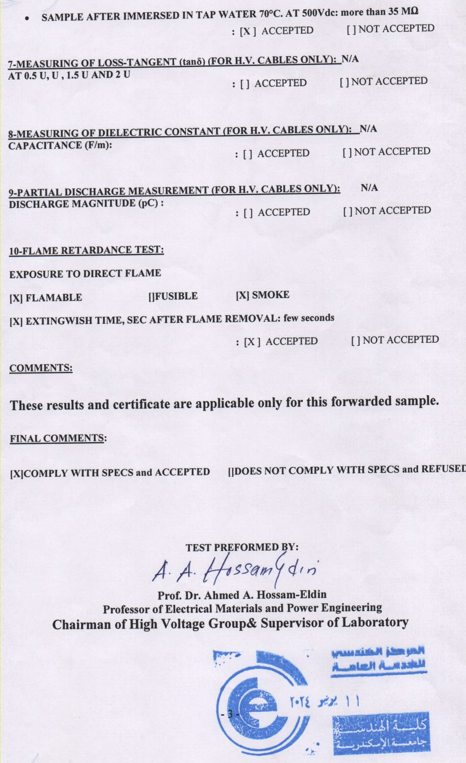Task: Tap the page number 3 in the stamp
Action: (x=230, y=714)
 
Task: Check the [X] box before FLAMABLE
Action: (x=16, y=298)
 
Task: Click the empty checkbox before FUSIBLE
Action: (x=152, y=296)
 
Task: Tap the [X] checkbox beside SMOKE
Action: (x=242, y=295)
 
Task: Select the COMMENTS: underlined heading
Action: (x=41, y=368)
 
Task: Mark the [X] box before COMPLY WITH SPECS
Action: (x=16, y=473)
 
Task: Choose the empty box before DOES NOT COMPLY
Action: (x=231, y=471)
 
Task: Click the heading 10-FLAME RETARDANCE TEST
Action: (x=86, y=250)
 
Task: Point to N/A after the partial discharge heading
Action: (x=369, y=188)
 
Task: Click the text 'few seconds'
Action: (x=309, y=318)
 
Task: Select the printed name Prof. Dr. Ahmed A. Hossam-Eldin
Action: (x=242, y=595)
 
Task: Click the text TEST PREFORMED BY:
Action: (x=242, y=547)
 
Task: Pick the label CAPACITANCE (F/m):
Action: (x=60, y=145)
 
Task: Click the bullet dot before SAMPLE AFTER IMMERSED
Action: (x=28, y=18)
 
